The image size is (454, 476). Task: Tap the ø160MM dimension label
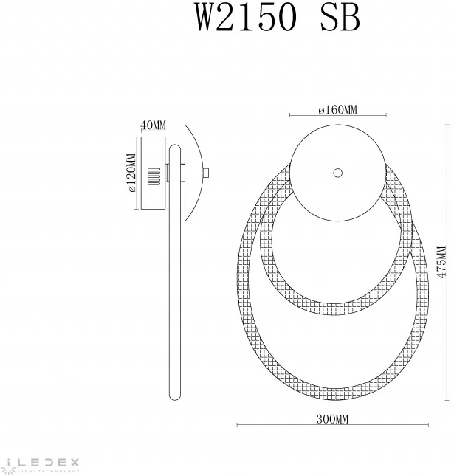[x=337, y=110]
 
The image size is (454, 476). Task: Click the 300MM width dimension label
[x=332, y=419]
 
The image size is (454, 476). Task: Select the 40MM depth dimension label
[x=153, y=124]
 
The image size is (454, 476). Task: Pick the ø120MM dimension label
[x=131, y=173]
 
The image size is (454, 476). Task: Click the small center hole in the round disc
[x=337, y=173]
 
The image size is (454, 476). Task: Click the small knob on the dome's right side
[x=207, y=173]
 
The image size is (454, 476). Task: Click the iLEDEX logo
[x=40, y=463]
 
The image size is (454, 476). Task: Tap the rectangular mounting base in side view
[x=153, y=173]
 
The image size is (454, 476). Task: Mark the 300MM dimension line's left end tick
[x=236, y=426]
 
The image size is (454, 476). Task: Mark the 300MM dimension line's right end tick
[x=428, y=426]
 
